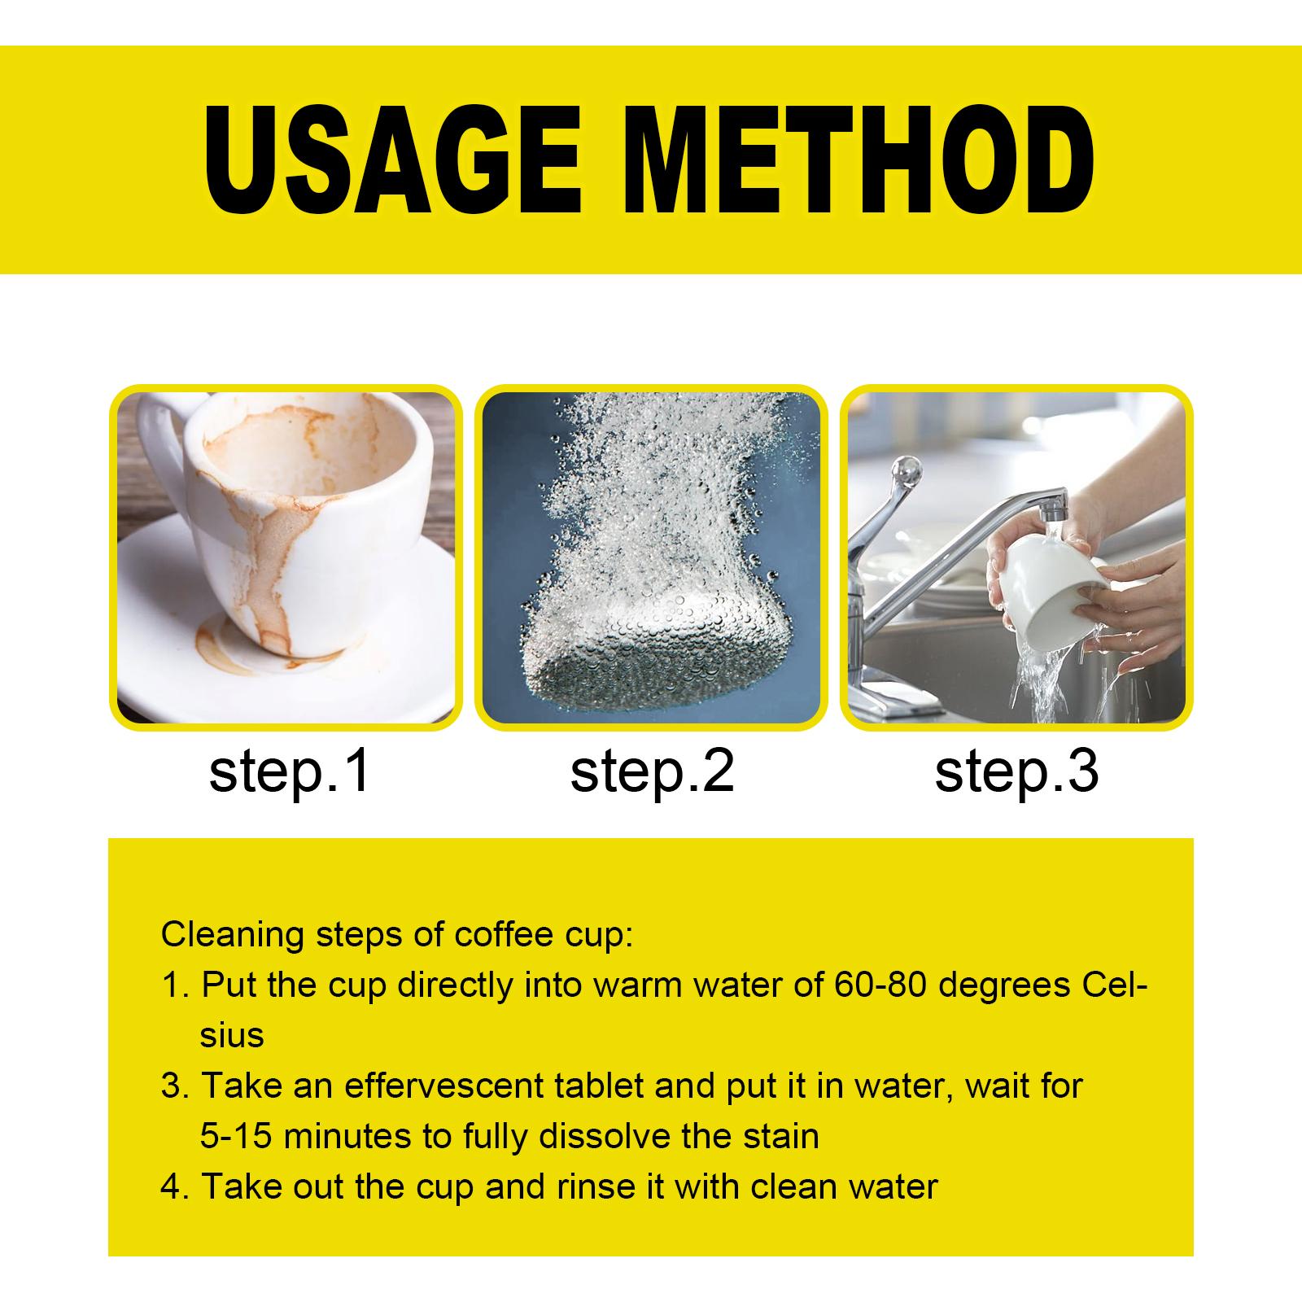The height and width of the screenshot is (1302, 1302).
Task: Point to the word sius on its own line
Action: [232, 1036]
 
